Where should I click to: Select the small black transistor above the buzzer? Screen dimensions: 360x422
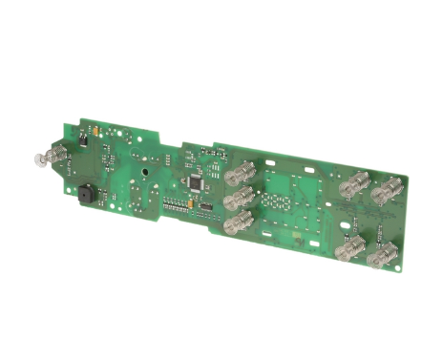coord(83,140)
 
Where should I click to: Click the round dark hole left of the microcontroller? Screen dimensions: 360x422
coord(143,174)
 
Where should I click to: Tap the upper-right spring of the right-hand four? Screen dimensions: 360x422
coord(386,191)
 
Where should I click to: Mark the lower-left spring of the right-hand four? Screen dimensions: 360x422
coord(352,249)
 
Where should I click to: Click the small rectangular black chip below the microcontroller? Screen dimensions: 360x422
coord(204,206)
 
